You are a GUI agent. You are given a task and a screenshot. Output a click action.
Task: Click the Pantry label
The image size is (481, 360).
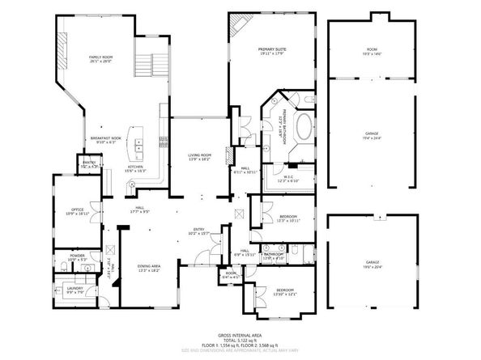[89, 164]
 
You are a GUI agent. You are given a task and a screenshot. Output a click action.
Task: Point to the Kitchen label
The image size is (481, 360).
[135, 167]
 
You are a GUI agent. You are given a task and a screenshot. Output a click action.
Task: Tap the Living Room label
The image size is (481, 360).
[199, 156]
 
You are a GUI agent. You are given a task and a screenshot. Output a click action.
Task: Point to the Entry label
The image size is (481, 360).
[198, 231]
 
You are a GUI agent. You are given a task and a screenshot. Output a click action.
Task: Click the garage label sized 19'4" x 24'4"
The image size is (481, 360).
[371, 135]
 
